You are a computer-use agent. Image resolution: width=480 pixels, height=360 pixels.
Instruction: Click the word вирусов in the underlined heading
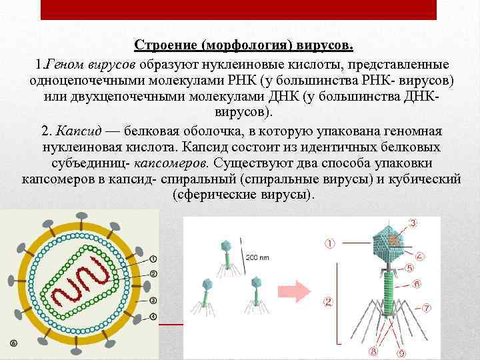coord(326,45)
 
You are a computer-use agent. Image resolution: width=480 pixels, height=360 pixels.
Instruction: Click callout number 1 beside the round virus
coord(153,259)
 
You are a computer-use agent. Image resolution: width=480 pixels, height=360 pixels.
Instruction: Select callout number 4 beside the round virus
coord(153,315)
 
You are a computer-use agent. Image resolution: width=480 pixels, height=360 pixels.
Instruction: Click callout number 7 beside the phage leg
coord(426,308)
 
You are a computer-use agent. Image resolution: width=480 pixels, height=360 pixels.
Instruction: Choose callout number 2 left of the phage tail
coord(328,302)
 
